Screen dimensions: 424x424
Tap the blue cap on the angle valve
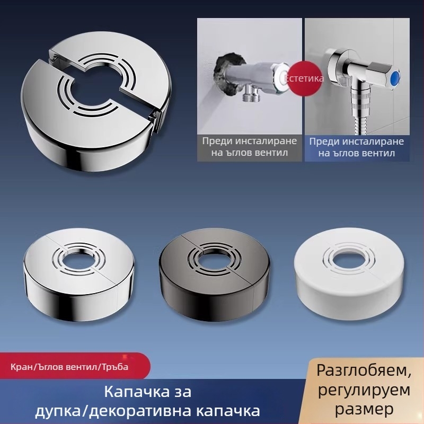[396, 77]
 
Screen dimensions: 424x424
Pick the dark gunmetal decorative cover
[214, 273]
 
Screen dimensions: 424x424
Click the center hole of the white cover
[348, 259]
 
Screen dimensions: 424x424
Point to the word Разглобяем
[364, 371]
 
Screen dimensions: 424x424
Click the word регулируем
[364, 391]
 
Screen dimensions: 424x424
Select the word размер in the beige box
[364, 409]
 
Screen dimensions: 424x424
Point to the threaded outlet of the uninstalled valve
[250, 95]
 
